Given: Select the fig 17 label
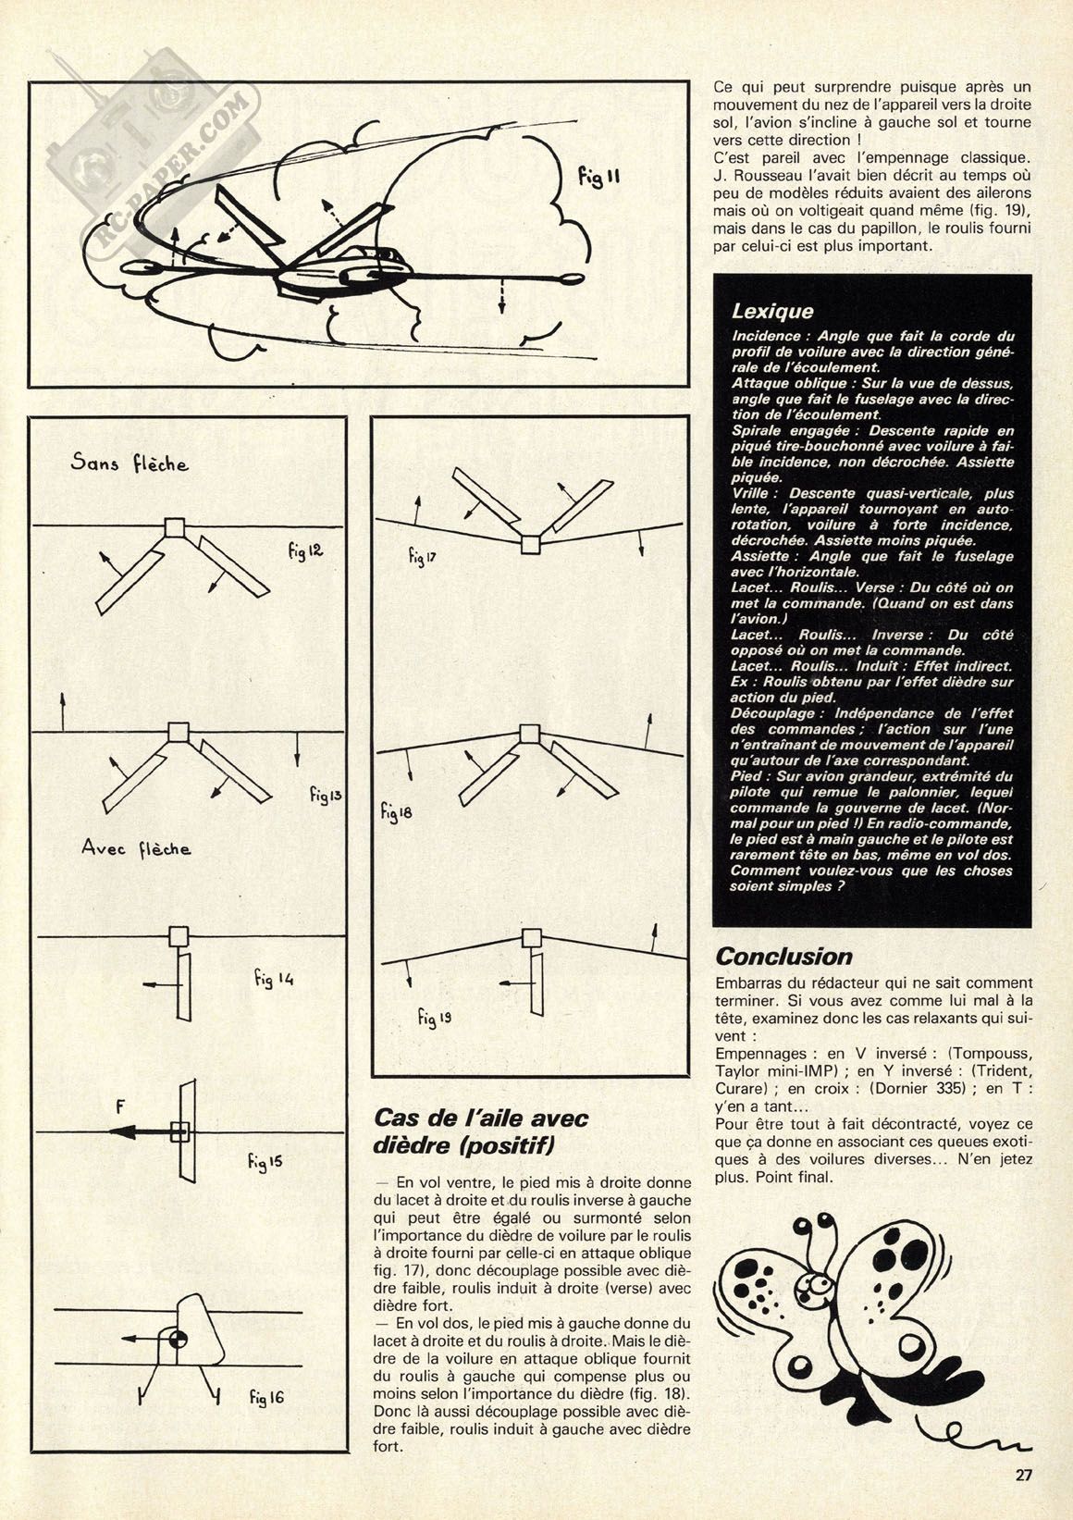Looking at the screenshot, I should point(421,556).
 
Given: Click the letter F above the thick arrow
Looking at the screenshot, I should point(119,1106).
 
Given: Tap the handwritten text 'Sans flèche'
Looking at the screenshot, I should point(129,463).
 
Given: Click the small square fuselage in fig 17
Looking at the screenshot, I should point(529,545).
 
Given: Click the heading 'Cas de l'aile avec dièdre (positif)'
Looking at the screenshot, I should point(481,1131).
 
